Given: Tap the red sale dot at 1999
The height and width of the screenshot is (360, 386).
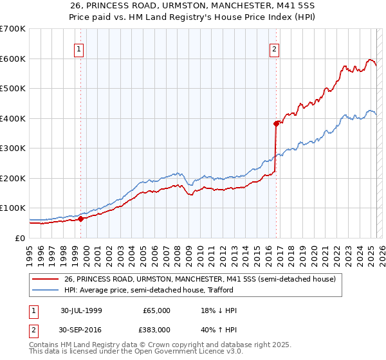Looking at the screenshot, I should (81, 219).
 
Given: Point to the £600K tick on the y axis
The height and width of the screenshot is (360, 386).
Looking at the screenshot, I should (13, 59).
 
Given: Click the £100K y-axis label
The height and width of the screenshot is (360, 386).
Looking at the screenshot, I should (13, 208).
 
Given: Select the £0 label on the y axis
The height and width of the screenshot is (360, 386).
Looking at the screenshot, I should (19, 238).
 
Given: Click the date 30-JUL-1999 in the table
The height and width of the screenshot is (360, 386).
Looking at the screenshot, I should (81, 310).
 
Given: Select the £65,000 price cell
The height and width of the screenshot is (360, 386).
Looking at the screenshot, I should (157, 310).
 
